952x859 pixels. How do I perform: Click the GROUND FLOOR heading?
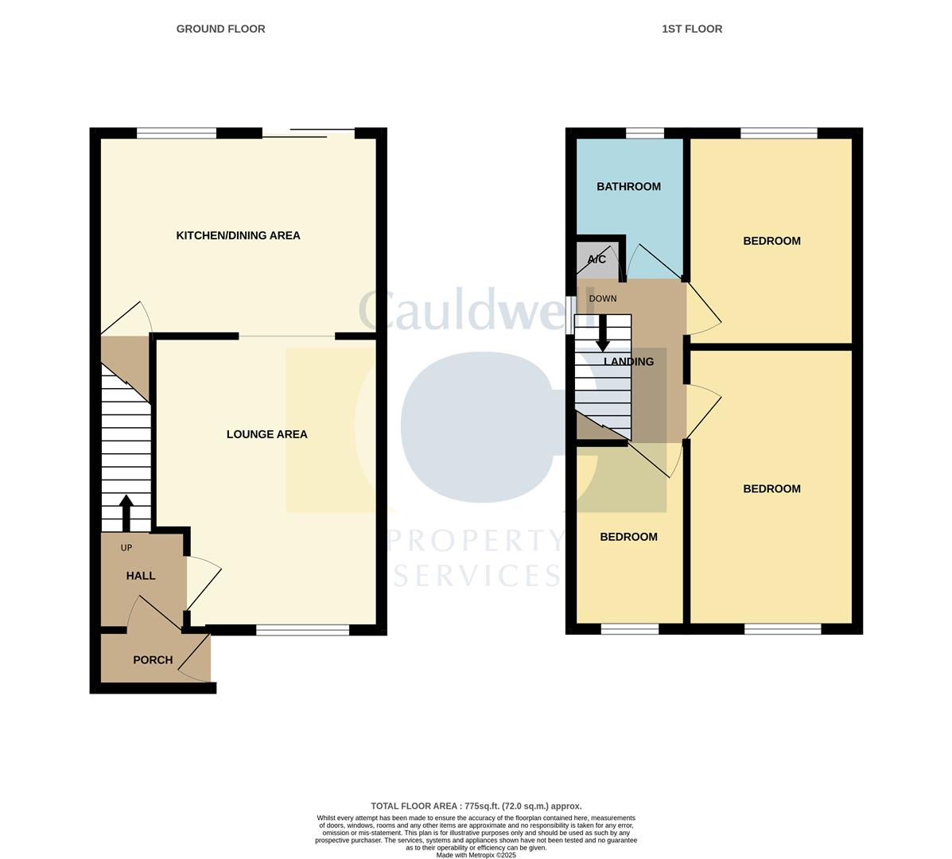click(x=220, y=29)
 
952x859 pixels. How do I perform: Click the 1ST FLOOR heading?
click(x=692, y=29)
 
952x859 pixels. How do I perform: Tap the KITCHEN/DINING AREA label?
click(x=238, y=235)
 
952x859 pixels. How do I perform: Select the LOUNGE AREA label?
click(x=266, y=434)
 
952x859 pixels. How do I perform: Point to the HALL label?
click(x=141, y=576)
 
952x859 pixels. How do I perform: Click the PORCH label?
click(x=153, y=660)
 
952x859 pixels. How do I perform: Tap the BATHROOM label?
click(x=628, y=187)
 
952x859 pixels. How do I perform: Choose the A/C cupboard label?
click(x=596, y=260)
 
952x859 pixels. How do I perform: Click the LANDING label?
click(x=628, y=362)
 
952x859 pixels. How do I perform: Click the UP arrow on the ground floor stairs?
click(x=126, y=513)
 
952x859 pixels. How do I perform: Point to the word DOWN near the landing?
click(x=602, y=299)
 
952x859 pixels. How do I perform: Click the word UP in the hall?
click(x=126, y=548)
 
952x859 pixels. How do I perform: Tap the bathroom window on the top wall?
click(x=645, y=133)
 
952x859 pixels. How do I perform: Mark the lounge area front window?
click(x=302, y=630)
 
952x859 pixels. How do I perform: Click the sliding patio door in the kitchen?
click(x=308, y=133)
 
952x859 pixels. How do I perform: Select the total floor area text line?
click(x=476, y=806)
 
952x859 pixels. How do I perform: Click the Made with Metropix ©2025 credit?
click(x=476, y=855)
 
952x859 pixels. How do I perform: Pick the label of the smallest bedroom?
click(x=628, y=537)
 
